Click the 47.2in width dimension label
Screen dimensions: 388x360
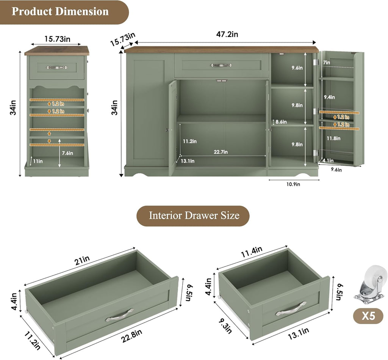click(227, 34)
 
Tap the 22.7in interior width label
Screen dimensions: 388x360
click(221, 152)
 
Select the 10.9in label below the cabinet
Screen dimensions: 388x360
click(293, 184)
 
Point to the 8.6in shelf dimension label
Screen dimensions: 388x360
click(281, 122)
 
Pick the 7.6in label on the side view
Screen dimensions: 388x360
click(67, 153)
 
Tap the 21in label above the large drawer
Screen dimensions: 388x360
click(82, 261)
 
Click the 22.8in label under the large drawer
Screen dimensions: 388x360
click(131, 336)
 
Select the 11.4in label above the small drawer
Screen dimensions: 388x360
click(252, 252)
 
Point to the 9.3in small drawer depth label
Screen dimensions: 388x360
click(225, 326)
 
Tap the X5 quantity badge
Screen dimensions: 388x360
click(368, 316)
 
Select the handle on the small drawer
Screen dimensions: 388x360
click(291, 308)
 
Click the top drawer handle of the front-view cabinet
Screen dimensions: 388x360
click(221, 65)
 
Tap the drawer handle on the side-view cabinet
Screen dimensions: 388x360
click(57, 67)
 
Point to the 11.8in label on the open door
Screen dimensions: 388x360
click(333, 138)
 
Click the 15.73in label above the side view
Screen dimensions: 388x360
click(58, 39)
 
